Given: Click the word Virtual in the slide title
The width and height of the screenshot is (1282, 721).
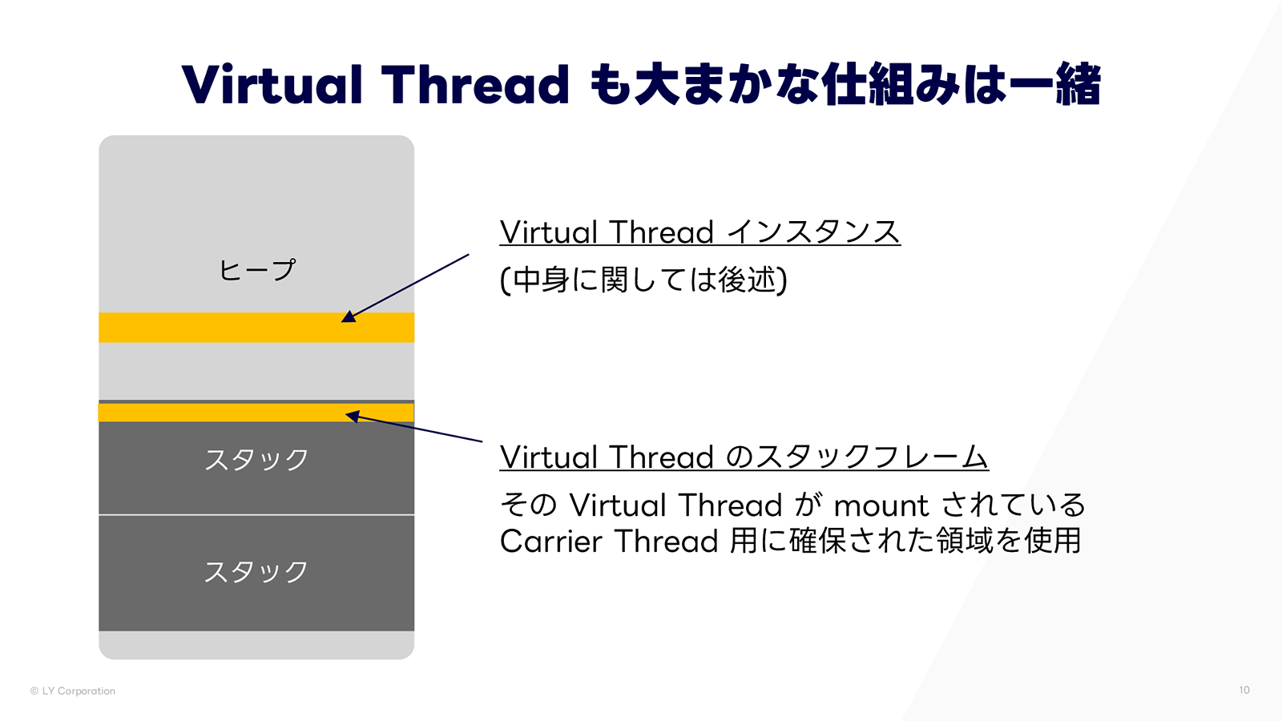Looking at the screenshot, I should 272,85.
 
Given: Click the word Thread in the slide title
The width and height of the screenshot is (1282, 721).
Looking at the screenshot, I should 475,85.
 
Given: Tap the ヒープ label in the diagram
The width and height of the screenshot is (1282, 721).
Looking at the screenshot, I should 256,270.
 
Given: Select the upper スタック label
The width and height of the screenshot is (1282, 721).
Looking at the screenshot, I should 256,460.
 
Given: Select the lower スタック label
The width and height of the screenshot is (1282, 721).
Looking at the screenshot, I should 256,572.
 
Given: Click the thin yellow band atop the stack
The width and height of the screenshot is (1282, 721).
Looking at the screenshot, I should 224,413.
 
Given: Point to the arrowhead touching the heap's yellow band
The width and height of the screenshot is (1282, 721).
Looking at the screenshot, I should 349,317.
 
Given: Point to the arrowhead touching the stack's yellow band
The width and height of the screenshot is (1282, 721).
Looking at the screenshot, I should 353,416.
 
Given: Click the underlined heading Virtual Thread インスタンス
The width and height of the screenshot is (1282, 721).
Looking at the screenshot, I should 699,232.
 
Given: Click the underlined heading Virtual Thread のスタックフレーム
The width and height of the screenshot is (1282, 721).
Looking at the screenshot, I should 744,457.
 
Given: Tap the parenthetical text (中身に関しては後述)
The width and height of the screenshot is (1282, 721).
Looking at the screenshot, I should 643,280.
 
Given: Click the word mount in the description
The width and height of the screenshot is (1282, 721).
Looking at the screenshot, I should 881,506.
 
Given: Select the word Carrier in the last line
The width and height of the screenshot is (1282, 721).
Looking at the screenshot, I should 550,542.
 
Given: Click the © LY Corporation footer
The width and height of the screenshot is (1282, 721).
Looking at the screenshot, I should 73,691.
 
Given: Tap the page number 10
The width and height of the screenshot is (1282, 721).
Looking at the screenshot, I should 1244,690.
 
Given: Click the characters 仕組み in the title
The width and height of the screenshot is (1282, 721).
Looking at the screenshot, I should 890,85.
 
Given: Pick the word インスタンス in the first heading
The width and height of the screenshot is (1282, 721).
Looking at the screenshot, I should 814,232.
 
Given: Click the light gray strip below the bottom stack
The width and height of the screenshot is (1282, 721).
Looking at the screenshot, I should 256,645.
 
